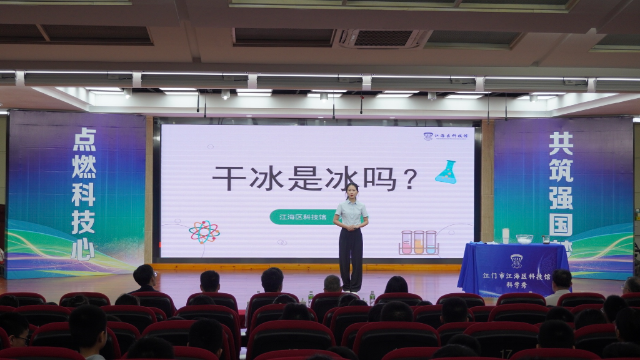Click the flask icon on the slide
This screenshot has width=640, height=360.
[446, 172]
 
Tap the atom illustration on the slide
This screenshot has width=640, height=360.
[204, 232]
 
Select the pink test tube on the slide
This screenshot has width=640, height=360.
[407, 242]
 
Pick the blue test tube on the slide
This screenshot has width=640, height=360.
[431, 242]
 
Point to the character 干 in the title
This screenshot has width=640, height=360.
[227, 178]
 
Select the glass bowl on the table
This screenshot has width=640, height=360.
[524, 239]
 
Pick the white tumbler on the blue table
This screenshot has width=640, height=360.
[505, 235]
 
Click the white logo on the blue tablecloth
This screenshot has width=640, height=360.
[516, 261]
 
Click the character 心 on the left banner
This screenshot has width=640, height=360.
[82, 249]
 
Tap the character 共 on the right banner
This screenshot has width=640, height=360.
[561, 144]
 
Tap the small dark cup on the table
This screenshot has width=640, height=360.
[546, 239]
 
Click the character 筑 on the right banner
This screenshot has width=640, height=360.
[561, 173]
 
